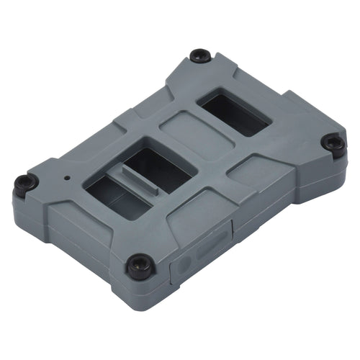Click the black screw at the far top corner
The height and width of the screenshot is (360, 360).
coord(200,55)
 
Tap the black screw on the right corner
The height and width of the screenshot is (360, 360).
coord(333,144)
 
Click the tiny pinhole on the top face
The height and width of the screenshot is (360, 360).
coord(67,176)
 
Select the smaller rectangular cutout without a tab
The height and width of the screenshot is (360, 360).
coord(234,114)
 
